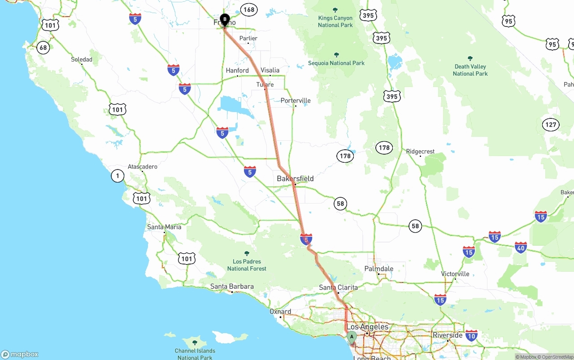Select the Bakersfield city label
(x=295, y=178)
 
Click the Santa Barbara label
(x=232, y=286)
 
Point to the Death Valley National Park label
(x=470, y=70)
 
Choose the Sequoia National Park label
(x=336, y=63)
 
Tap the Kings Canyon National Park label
(x=335, y=22)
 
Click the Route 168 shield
(x=248, y=9)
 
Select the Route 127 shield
(x=551, y=125)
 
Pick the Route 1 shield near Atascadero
(x=117, y=176)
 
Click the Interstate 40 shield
(x=521, y=247)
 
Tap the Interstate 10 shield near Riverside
(x=471, y=335)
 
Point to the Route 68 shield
(x=43, y=48)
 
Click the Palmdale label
(x=379, y=269)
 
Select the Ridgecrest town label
(x=420, y=152)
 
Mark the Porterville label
(x=296, y=100)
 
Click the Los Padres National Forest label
(x=247, y=265)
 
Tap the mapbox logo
(x=20, y=354)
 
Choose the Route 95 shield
(x=508, y=21)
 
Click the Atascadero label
(x=143, y=167)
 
